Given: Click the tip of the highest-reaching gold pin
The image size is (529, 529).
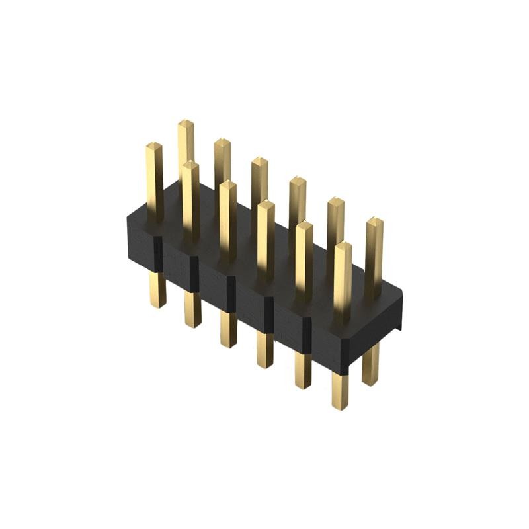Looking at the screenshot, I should tap(186, 123).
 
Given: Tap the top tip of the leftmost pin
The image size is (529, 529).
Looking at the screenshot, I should tap(154, 145).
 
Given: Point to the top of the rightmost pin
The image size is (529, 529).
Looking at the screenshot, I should tap(374, 220).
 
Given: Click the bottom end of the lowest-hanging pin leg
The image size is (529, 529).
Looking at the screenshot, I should tap(341, 406).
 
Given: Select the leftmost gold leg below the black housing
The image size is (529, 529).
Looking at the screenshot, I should tap(157, 291).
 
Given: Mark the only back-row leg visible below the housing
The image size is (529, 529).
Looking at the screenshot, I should tap(371, 364).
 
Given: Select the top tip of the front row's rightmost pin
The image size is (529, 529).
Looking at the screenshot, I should tap(343, 246).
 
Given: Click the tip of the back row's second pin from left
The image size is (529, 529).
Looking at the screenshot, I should tap(222, 142).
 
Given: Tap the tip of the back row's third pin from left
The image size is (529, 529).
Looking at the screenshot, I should tap(259, 161).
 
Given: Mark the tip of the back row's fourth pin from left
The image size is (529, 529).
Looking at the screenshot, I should tap(297, 181).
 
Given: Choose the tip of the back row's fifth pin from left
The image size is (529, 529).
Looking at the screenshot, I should tap(336, 200).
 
